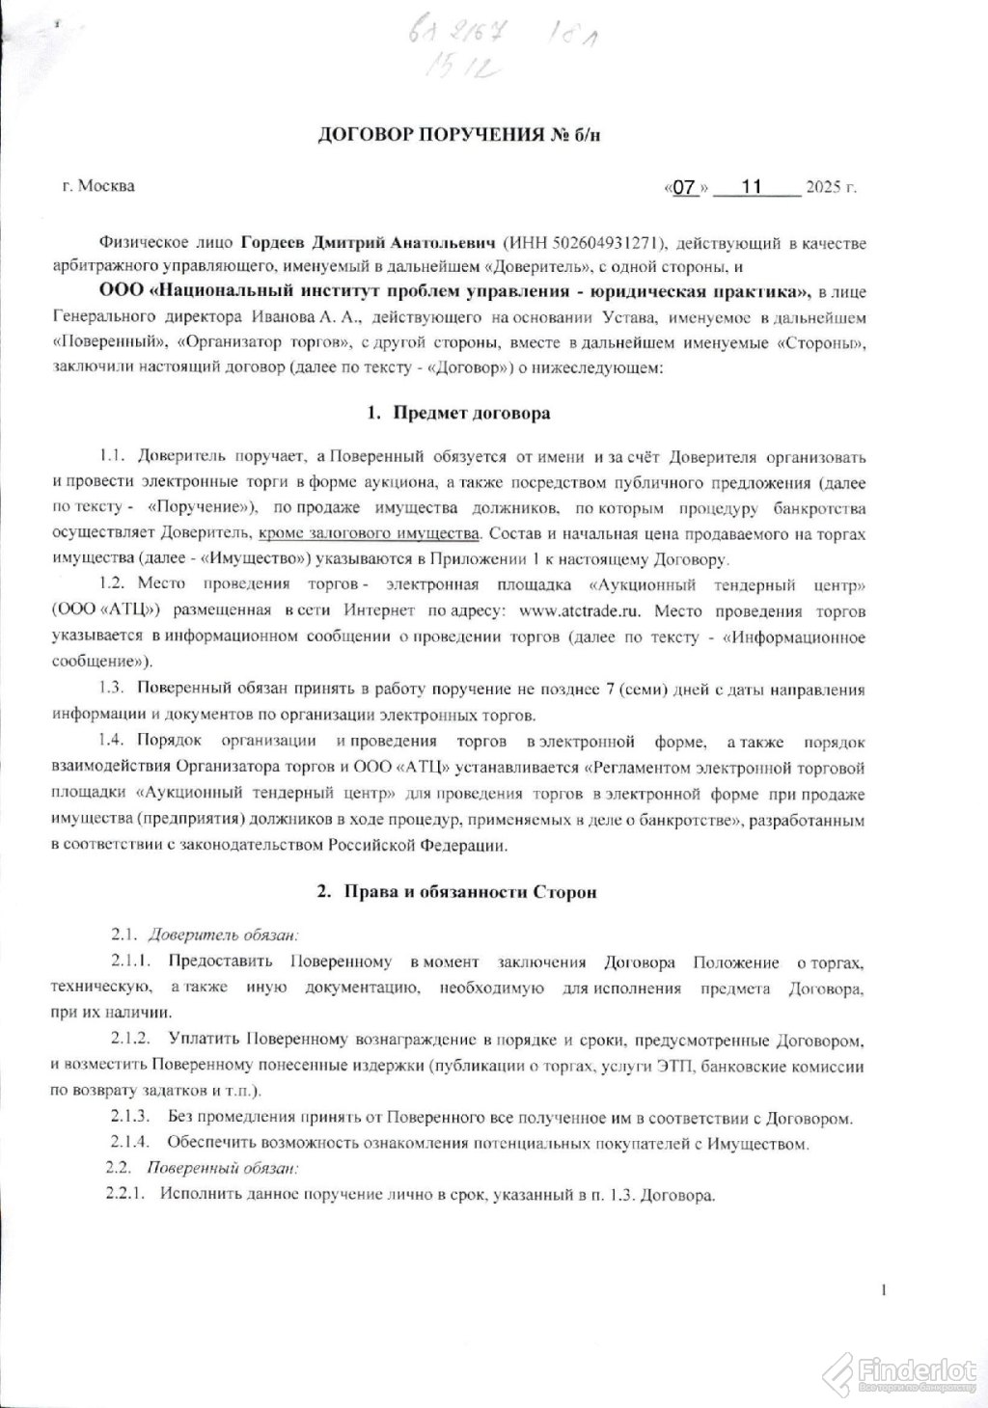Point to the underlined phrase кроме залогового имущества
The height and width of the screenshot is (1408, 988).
point(369,534)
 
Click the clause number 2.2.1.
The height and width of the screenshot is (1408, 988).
point(125,1194)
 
